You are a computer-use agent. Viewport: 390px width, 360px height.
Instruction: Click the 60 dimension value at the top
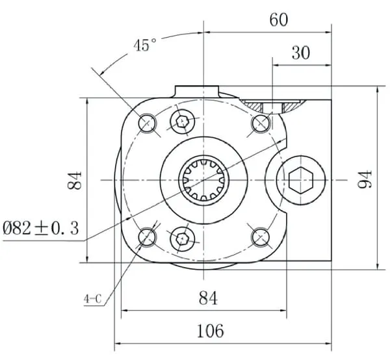[279, 20]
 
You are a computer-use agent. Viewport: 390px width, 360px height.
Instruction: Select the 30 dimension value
[301, 53]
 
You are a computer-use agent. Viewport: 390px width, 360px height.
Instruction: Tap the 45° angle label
[145, 45]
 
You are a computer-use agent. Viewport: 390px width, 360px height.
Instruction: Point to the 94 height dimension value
[365, 179]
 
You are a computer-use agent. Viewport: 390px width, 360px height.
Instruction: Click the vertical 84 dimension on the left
[74, 180]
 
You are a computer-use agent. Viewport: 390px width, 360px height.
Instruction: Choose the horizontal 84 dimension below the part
[208, 298]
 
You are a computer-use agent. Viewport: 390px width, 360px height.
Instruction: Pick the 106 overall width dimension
[210, 331]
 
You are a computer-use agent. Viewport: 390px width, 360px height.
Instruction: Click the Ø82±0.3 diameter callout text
[41, 228]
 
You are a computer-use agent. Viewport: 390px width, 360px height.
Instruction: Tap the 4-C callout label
[92, 299]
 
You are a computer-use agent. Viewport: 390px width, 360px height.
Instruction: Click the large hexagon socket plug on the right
[301, 180]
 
